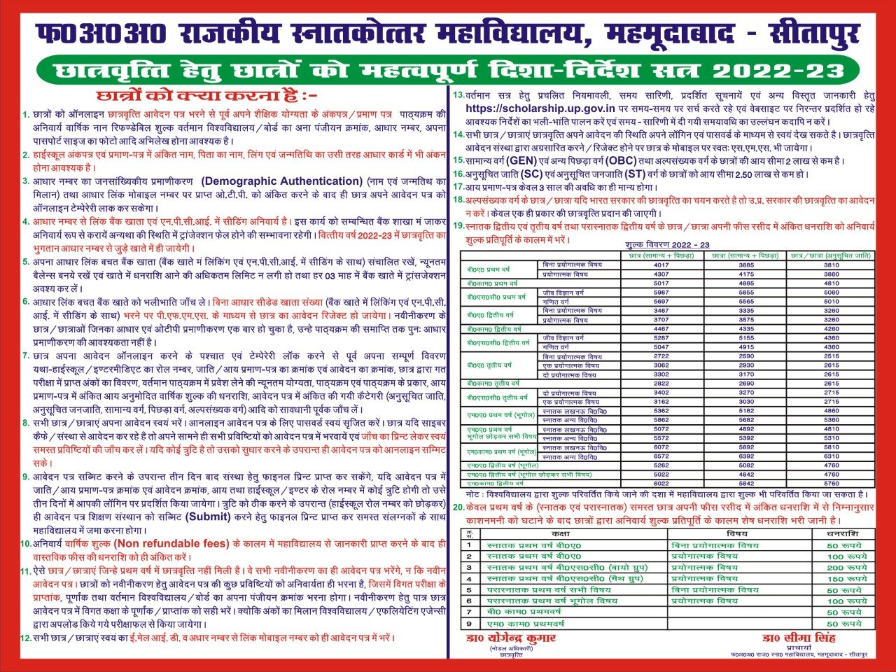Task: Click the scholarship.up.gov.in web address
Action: [x=540, y=108]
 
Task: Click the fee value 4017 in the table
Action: [x=661, y=265]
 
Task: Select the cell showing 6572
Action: [x=661, y=456]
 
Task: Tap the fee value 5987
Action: [x=661, y=293]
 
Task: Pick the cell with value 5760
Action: [x=831, y=483]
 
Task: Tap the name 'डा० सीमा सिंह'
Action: [x=799, y=638]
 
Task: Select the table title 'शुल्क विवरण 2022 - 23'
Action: [x=666, y=245]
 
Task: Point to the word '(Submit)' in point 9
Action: [x=207, y=517]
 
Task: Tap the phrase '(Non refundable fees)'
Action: [x=171, y=543]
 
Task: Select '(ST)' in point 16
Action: [x=636, y=174]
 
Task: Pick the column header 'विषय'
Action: [x=736, y=534]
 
